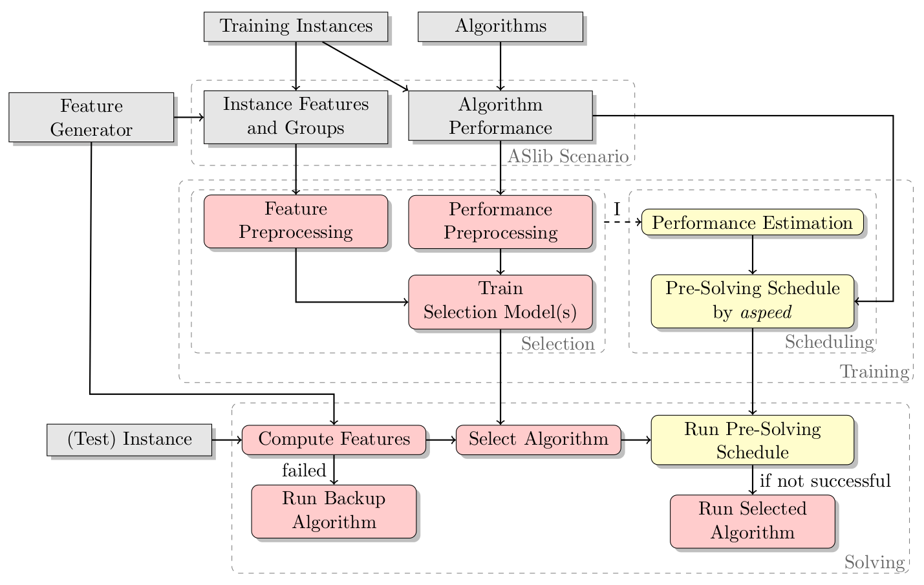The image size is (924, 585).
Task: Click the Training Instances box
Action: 295,27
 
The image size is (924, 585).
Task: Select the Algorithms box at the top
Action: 500,27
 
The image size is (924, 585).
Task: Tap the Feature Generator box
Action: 91,118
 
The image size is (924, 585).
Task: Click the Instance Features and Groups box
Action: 295,116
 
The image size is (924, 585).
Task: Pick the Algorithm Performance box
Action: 500,116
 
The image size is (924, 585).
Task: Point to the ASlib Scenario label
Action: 568,156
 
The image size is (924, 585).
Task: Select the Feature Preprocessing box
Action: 295,221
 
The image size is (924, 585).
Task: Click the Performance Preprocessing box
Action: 500,221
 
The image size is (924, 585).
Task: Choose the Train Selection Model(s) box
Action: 500,301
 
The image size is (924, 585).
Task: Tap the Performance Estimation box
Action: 752,223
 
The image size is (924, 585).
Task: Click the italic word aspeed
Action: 766,313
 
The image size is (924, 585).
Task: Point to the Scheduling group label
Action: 829,342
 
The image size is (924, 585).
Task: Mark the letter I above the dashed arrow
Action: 617,209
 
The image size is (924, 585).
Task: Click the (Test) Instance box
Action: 129,440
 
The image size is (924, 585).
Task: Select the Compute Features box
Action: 334,440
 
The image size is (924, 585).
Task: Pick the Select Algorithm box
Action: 538,440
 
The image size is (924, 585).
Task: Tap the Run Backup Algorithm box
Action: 334,511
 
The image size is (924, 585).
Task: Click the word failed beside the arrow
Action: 304,471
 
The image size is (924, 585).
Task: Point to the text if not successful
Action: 825,481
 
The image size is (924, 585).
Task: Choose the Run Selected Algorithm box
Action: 752,521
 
